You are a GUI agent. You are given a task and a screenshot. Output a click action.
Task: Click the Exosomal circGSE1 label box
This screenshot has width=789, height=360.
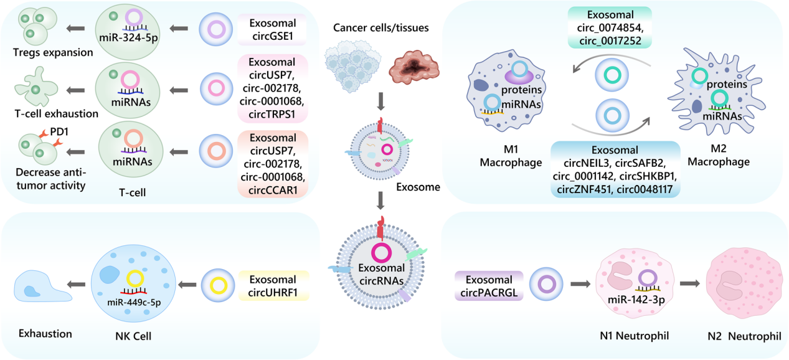[x=273, y=30]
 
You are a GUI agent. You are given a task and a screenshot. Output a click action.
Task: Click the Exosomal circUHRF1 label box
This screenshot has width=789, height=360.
[x=273, y=285]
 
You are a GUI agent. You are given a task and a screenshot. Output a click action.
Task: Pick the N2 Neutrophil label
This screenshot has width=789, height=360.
[x=744, y=336]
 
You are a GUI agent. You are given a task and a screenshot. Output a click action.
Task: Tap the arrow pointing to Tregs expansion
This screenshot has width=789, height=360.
[x=77, y=28]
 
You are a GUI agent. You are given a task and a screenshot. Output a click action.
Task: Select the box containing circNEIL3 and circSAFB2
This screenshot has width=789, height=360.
[x=614, y=169]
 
